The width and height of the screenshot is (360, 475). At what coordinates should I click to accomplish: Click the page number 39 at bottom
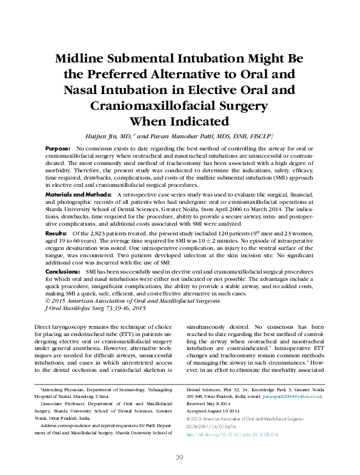(x=179, y=458)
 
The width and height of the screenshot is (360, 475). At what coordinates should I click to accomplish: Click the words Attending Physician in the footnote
(x=64, y=388)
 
